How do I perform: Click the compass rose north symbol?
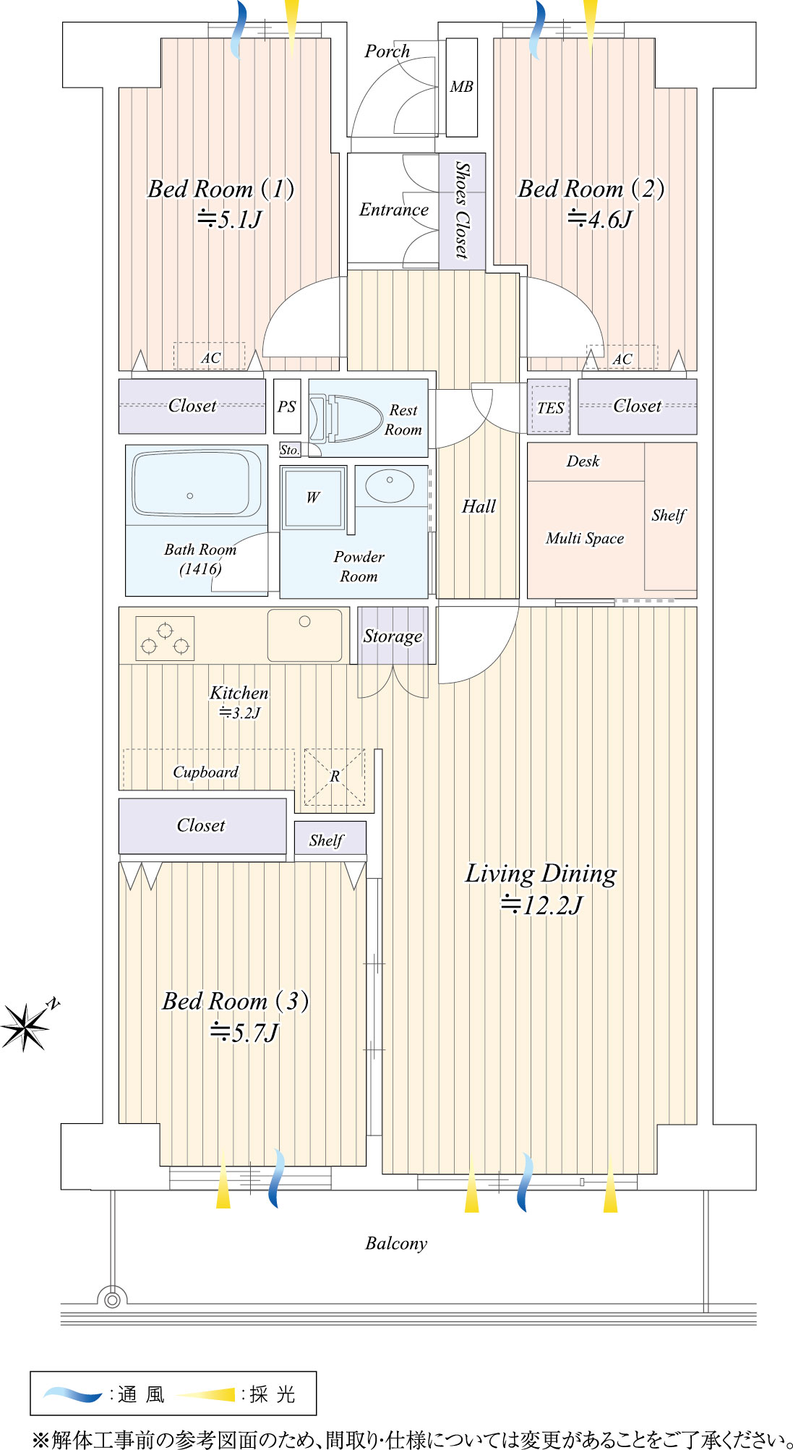click(26, 1025)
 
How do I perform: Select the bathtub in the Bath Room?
click(197, 482)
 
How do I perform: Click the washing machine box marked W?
click(313, 498)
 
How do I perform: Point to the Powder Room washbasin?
click(390, 485)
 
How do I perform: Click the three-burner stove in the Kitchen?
click(165, 639)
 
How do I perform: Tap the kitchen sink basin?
click(304, 635)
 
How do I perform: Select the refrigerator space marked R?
click(335, 777)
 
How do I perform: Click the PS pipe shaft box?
click(287, 406)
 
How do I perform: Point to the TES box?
click(550, 408)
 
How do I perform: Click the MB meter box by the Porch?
click(462, 88)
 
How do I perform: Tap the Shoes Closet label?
click(462, 210)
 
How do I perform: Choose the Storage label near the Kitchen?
click(393, 636)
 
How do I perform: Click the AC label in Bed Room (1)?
click(210, 358)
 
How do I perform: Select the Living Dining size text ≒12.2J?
click(541, 905)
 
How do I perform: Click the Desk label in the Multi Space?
click(583, 461)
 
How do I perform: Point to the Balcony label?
click(396, 1243)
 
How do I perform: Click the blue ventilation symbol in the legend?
click(73, 1394)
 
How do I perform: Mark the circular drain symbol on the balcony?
click(112, 1300)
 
